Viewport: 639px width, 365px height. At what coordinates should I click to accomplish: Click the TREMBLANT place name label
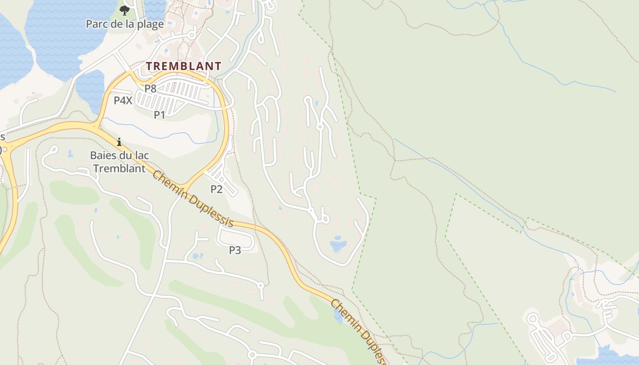183,66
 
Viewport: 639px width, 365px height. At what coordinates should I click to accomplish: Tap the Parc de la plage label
125,24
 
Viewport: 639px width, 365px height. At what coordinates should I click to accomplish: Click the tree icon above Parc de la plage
124,10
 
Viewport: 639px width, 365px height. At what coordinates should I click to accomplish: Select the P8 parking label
151,89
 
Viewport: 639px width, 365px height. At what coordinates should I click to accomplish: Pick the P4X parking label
123,100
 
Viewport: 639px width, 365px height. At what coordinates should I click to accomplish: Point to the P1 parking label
159,115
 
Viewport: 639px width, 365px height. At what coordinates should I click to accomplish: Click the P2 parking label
216,189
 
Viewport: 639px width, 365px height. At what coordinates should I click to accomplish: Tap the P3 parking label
235,250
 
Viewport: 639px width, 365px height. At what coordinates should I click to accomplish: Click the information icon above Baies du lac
119,142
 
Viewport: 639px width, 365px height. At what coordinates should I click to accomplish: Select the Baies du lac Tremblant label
119,162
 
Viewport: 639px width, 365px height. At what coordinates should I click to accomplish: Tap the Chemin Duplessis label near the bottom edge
359,331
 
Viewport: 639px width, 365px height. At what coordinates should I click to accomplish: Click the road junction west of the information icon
96,126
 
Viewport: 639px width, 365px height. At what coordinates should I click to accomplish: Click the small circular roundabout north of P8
192,35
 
